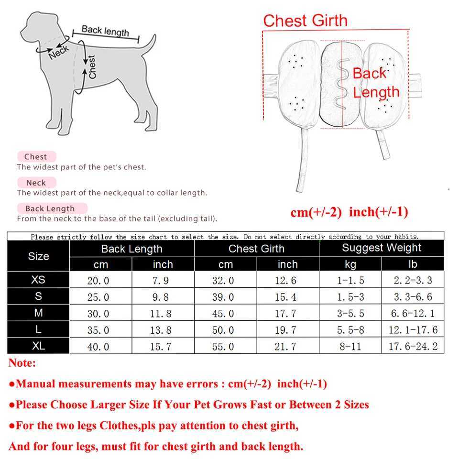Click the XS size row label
(x=38, y=280)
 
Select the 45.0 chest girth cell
(x=223, y=314)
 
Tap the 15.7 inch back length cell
(x=160, y=347)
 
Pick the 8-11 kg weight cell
(x=350, y=347)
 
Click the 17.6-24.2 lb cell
(x=413, y=347)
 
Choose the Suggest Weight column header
(x=382, y=248)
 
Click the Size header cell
(x=38, y=256)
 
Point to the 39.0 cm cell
(x=223, y=297)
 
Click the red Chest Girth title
(x=305, y=21)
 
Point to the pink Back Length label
(x=50, y=208)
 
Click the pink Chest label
(x=36, y=156)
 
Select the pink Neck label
(x=36, y=183)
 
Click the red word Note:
(x=22, y=363)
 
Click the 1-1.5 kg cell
(x=350, y=281)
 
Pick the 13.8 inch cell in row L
(x=160, y=330)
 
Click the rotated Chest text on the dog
(x=92, y=67)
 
